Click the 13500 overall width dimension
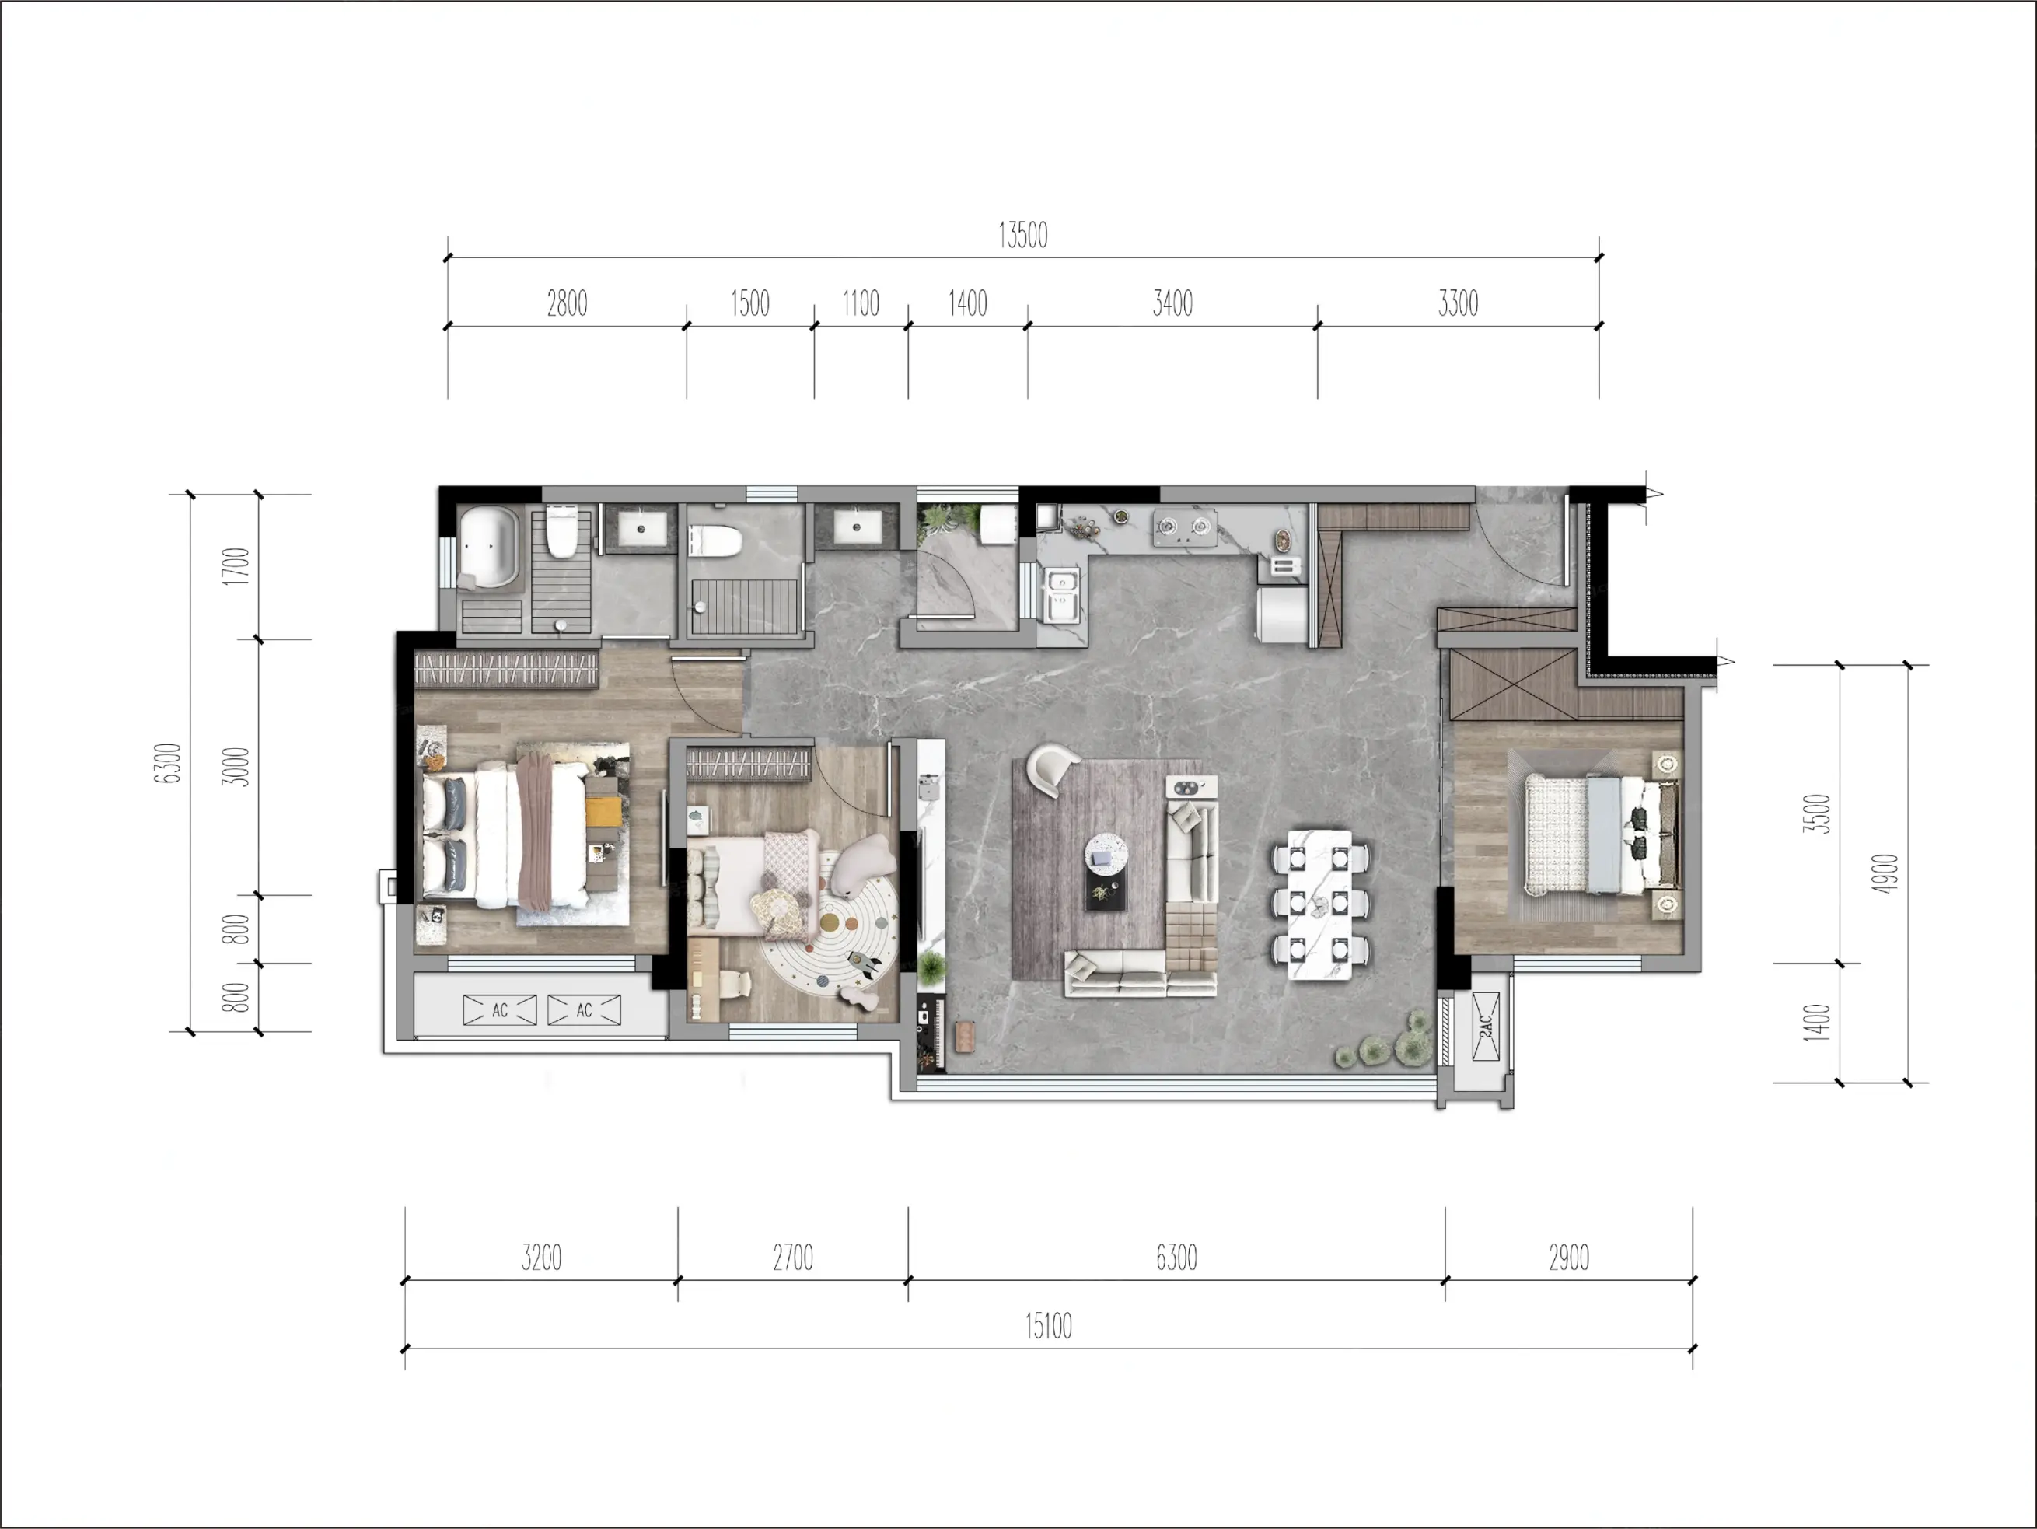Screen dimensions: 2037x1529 click(1023, 236)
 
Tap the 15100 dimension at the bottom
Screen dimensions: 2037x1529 click(1048, 1326)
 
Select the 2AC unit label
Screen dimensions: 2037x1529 click(1484, 1026)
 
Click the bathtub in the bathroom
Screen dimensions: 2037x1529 click(489, 545)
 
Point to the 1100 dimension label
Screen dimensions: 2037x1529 click(861, 303)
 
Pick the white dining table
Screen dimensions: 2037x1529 click(1319, 904)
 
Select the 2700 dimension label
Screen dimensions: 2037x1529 click(793, 1258)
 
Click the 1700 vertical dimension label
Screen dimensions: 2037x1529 click(236, 565)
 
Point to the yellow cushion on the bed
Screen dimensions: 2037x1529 click(604, 811)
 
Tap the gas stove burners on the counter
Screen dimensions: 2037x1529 click(1184, 526)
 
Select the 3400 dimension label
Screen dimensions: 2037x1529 click(1172, 303)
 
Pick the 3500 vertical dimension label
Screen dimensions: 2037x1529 click(1816, 813)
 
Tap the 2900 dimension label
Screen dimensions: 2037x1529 click(1568, 1258)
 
